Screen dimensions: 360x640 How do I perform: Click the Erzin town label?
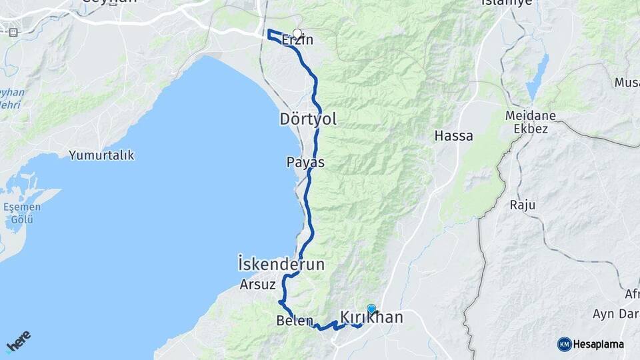pyautogui.click(x=297, y=41)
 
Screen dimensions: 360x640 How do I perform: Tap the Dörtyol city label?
pyautogui.click(x=307, y=119)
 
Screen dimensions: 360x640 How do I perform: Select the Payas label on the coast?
pyautogui.click(x=305, y=162)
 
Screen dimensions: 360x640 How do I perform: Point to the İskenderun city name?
pyautogui.click(x=281, y=265)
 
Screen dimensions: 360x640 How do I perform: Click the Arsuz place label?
pyautogui.click(x=257, y=285)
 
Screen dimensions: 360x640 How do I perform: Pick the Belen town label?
pyautogui.click(x=294, y=321)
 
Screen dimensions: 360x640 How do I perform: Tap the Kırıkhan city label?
pyautogui.click(x=372, y=318)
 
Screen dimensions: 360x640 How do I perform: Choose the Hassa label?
pyautogui.click(x=453, y=136)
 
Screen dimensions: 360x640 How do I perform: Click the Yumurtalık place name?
pyautogui.click(x=101, y=155)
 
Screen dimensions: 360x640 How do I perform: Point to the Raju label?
pyautogui.click(x=523, y=205)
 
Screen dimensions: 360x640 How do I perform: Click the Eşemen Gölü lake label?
pyautogui.click(x=22, y=213)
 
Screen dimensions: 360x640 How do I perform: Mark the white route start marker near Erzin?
pyautogui.click(x=297, y=33)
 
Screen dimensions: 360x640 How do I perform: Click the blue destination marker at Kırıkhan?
pyautogui.click(x=371, y=309)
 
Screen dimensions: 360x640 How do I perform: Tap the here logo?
pyautogui.click(x=18, y=341)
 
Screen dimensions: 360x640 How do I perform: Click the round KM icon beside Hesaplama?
pyautogui.click(x=565, y=344)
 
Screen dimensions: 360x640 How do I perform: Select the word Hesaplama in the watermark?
pyautogui.click(x=599, y=345)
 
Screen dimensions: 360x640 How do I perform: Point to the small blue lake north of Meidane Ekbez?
pyautogui.click(x=537, y=77)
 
